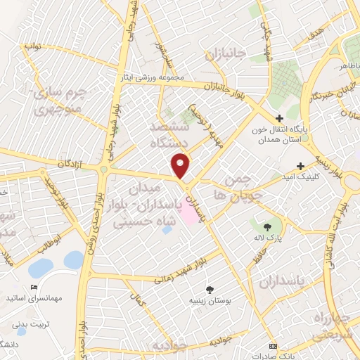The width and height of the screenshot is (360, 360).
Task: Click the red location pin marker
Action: pos(181,166)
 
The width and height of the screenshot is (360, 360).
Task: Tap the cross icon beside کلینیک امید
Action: pos(301,167)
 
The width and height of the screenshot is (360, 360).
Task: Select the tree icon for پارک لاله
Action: pos(267,226)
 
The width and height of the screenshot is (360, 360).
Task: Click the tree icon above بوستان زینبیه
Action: pos(210,288)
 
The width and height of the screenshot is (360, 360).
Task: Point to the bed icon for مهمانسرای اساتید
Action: pos(34,287)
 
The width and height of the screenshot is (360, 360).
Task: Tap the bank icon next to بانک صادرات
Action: pos(274,347)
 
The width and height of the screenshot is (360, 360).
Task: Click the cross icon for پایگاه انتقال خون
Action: pos(279,118)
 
